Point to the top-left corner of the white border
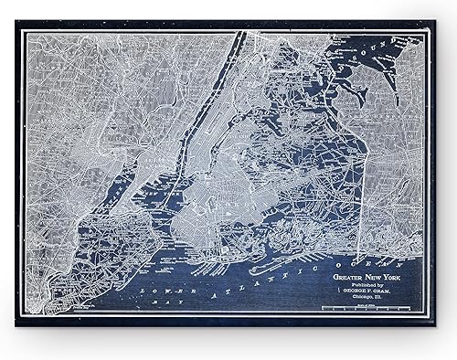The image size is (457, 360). (25, 33)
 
